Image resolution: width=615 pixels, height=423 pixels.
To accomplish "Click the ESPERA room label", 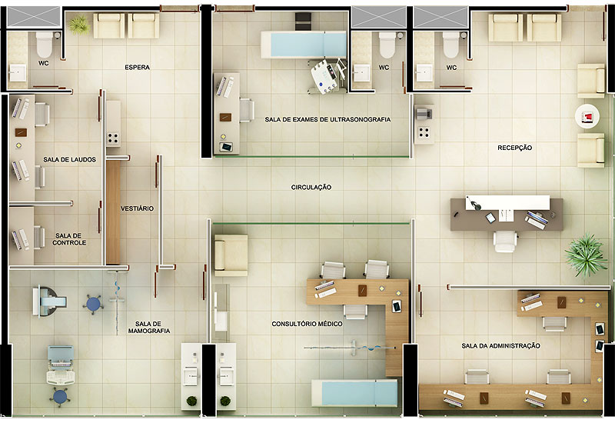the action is (138, 68).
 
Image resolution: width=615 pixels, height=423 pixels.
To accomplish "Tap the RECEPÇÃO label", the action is (514, 148).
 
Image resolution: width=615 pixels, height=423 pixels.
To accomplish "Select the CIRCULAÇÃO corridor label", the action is (311, 188).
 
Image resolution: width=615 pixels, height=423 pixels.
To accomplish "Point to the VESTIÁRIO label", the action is (138, 208).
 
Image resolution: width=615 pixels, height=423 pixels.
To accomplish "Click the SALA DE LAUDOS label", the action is (69, 160).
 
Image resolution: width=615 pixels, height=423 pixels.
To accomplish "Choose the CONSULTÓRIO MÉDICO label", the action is (307, 324).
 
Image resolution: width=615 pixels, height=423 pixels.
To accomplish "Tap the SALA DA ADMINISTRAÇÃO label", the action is (501, 346).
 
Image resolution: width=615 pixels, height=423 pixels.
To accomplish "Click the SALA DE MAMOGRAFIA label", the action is (149, 328).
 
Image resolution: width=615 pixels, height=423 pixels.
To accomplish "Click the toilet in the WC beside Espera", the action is (45, 44).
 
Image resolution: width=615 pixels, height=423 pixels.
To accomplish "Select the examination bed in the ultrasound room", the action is (304, 45).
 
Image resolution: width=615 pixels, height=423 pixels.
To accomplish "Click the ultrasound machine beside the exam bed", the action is (327, 75).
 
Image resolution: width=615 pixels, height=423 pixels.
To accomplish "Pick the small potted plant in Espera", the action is (79, 25).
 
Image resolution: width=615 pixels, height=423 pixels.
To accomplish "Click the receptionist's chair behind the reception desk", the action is (505, 241).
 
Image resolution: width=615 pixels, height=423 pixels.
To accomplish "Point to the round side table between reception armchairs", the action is (587, 116).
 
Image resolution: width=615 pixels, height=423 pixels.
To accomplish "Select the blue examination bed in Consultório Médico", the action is (354, 393).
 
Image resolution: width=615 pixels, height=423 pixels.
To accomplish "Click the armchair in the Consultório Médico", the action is (231, 255).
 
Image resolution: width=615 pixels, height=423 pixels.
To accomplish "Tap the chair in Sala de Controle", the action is (39, 238).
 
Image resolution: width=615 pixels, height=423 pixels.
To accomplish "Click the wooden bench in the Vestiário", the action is (113, 212).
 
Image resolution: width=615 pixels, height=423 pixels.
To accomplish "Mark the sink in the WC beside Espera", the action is (18, 73).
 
